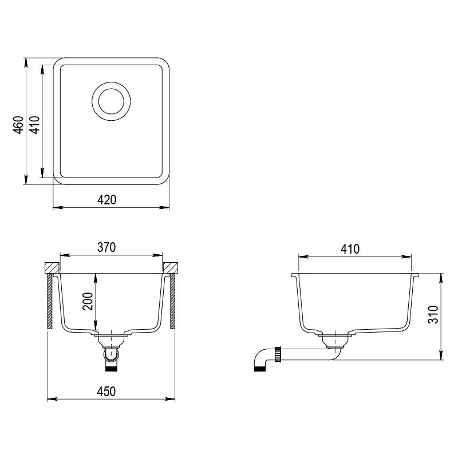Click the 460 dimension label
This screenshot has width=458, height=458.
18,125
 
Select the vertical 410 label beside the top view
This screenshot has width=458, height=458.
34,125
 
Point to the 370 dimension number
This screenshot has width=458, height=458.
107,247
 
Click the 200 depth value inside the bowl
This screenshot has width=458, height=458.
88,301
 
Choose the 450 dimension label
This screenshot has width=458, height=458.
107,392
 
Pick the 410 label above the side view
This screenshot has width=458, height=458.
349,249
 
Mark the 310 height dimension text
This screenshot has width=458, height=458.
434,315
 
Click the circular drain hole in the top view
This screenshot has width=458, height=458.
110,102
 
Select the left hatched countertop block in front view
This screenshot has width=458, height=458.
52,267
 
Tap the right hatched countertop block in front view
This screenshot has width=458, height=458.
171,267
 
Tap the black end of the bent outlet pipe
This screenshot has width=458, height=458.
259,369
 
